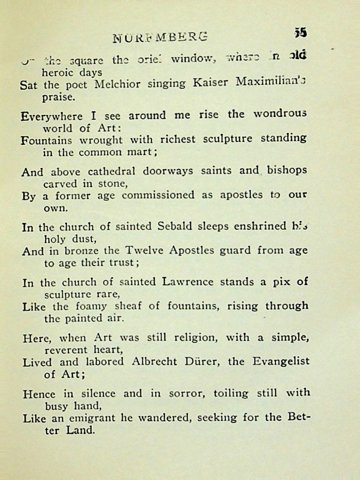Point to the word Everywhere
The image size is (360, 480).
point(51,116)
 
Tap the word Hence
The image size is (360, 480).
point(41,393)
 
